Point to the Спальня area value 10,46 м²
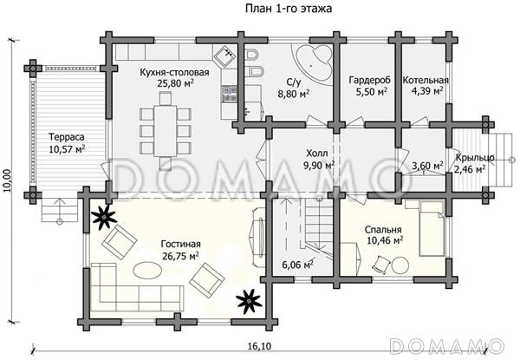click(386, 240)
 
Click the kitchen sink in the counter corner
click(227, 55)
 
